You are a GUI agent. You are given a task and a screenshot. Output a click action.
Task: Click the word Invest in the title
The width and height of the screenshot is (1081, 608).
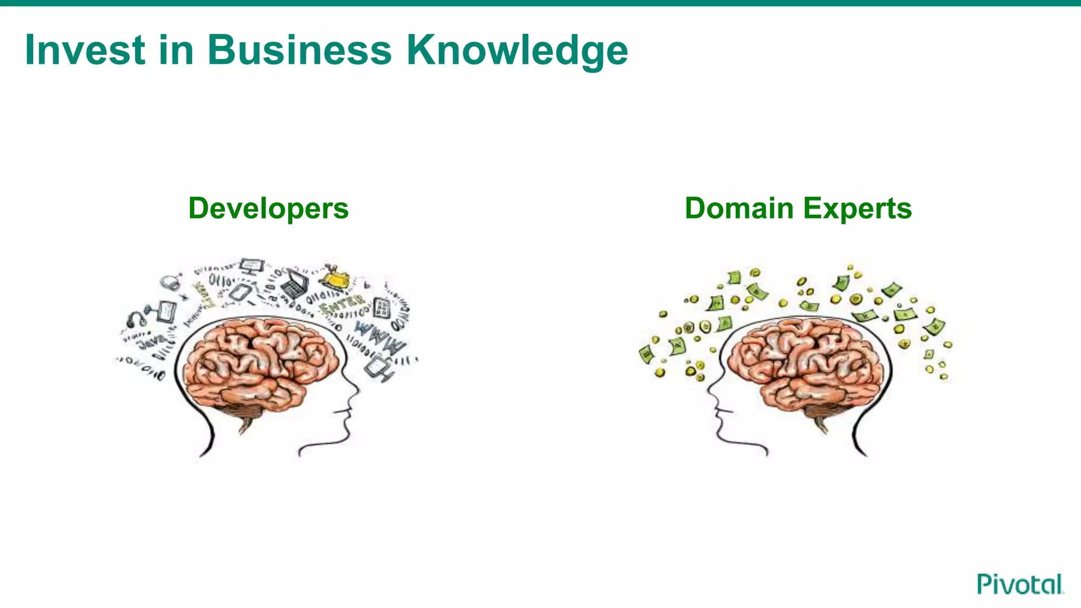[x=85, y=50]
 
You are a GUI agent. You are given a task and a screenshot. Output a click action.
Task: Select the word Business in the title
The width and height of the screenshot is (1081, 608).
[x=299, y=50]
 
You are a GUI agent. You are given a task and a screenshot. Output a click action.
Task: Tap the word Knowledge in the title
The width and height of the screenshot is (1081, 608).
[x=517, y=51]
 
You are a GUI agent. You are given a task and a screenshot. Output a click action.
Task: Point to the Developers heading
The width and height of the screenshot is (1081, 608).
[x=268, y=208]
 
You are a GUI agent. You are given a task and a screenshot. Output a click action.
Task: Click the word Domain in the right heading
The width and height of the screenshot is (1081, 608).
[x=739, y=208]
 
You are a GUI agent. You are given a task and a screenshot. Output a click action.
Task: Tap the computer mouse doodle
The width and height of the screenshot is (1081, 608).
[x=170, y=282]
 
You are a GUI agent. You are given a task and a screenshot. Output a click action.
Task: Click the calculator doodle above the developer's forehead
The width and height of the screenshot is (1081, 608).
[x=382, y=307]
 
